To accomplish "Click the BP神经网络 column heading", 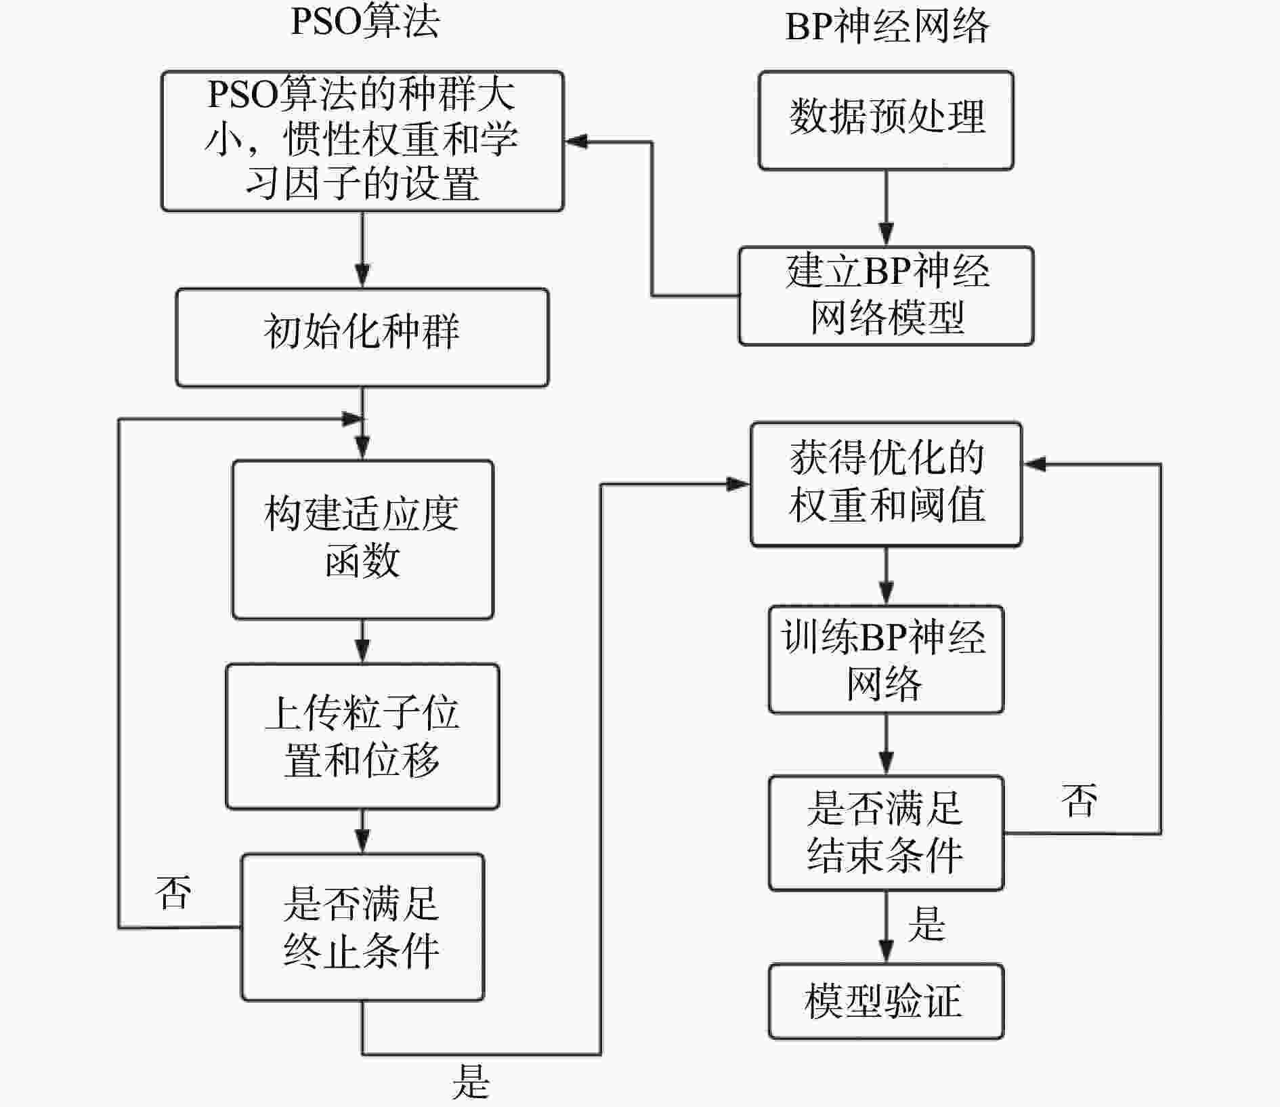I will [887, 27].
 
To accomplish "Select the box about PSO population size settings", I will [362, 141].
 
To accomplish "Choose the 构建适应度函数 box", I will [362, 539].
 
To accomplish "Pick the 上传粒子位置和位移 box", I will [362, 736].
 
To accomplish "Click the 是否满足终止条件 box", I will [362, 927].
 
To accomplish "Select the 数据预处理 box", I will [886, 120].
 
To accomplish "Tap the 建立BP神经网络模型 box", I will [886, 295].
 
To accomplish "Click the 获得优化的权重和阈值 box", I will [886, 484].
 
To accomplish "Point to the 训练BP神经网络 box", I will [886, 659].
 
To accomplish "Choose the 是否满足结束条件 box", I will [886, 833].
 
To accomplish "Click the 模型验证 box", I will [886, 1001].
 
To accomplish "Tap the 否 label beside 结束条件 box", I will [1079, 800].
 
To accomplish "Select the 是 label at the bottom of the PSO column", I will [471, 1081].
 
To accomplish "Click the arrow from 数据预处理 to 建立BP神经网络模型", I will [886, 208].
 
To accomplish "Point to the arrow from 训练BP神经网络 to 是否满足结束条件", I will [886, 745].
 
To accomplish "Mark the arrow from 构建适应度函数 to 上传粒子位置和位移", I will [362, 641].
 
